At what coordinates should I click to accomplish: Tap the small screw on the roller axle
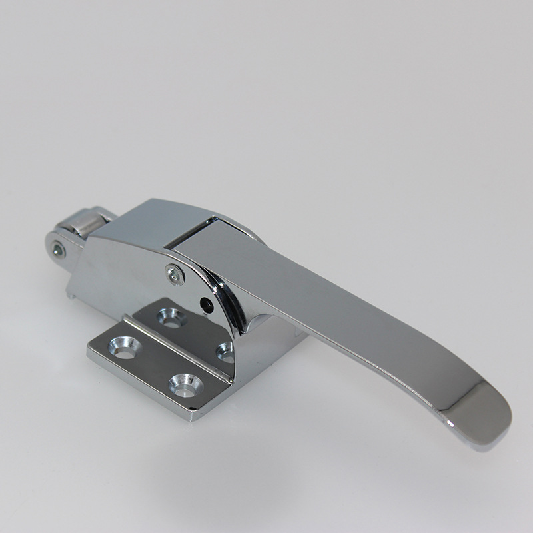tap(59, 250)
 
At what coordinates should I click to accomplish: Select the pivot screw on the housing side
tap(175, 274)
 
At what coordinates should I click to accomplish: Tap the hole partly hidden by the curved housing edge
tap(225, 350)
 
